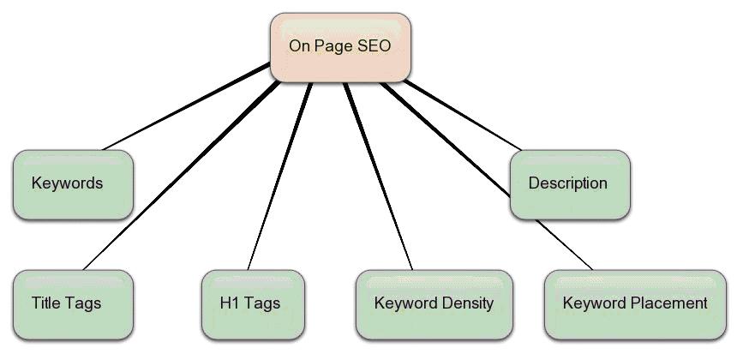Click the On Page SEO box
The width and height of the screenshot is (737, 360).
[340, 47]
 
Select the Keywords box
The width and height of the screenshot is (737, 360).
[74, 184]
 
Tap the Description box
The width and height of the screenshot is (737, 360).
[570, 184]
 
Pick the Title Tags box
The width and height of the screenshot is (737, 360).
[74, 304]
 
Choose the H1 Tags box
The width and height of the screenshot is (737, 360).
[253, 304]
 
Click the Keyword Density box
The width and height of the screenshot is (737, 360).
[434, 304]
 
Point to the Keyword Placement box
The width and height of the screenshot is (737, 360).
[636, 304]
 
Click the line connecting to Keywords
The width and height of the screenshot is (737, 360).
[187, 106]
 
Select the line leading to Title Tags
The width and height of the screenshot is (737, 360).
[182, 176]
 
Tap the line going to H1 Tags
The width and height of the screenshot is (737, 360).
[279, 177]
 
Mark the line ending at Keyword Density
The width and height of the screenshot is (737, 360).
[379, 177]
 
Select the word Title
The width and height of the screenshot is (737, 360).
[46, 303]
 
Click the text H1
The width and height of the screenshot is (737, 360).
[230, 303]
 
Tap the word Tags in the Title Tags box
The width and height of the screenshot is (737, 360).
[83, 304]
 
